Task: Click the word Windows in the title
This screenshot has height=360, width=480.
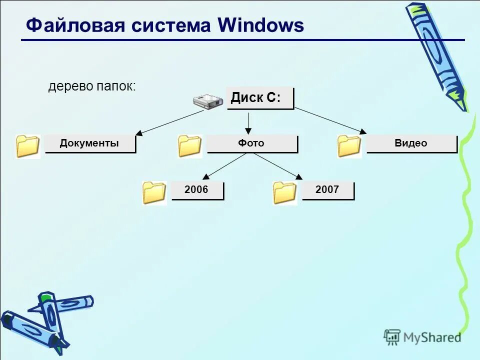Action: [260, 25]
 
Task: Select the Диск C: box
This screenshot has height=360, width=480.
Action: [259, 98]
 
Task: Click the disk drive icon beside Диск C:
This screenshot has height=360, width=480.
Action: [208, 101]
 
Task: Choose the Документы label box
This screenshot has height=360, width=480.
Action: [90, 143]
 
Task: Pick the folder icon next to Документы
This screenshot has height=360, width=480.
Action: [27, 146]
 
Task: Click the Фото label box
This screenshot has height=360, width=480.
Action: [251, 143]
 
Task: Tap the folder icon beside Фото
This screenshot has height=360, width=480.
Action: [190, 146]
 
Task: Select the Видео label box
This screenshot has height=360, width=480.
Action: [411, 143]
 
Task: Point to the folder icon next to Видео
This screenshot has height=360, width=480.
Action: [349, 146]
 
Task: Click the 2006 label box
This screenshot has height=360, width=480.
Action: [197, 190]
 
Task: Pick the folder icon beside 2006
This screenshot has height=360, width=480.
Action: [154, 193]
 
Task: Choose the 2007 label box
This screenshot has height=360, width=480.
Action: [327, 190]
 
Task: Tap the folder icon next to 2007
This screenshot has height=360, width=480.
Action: [285, 193]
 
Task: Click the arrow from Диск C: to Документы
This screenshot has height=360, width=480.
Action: [170, 122]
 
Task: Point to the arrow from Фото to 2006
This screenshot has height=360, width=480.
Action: [224, 166]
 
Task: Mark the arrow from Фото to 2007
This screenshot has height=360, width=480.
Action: [278, 166]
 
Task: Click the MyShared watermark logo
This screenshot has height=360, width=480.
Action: [422, 337]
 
